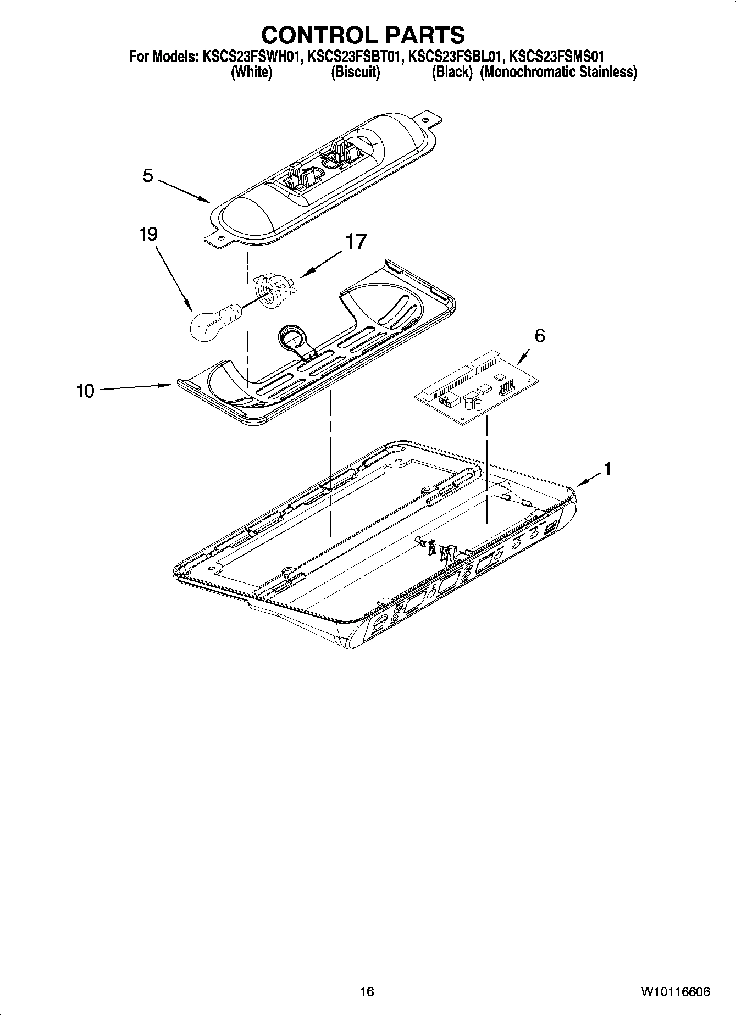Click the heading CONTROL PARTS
pos(363,35)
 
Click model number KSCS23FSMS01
pos(557,56)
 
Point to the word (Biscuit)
pos(355,72)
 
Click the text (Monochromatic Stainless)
pos(558,72)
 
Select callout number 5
pos(147,176)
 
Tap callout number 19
pos(148,234)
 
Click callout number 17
pos(356,242)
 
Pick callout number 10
pos(86,391)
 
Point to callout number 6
pos(540,335)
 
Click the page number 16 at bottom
pos(367,991)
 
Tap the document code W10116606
pos(675,991)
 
